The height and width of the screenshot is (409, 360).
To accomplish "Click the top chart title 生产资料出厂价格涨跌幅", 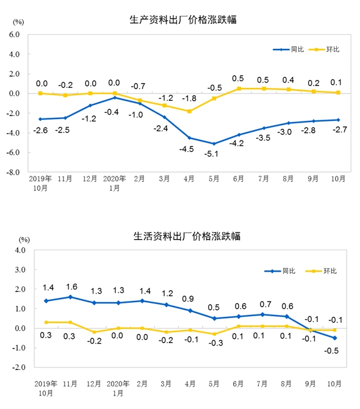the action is tap(183, 20).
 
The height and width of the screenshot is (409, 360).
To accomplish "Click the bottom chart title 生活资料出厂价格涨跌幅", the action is tap(187, 236).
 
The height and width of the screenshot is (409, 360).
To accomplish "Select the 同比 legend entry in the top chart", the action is tap(289, 49).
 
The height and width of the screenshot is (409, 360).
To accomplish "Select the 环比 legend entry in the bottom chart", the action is tap(321, 271).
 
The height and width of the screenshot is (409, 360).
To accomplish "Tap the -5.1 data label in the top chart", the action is tap(211, 154).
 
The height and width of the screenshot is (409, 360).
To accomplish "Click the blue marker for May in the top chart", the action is tap(214, 143).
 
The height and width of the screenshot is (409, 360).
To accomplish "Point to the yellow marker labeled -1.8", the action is tap(189, 111).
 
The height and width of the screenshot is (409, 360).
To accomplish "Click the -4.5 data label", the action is tap(186, 149).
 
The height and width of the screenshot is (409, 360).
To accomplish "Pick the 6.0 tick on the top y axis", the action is tap(14, 34).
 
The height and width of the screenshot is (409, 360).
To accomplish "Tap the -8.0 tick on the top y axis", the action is tap(13, 172).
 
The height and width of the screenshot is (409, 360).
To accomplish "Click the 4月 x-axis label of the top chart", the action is tap(189, 179).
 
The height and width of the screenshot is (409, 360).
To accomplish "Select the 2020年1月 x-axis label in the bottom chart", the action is tap(118, 388).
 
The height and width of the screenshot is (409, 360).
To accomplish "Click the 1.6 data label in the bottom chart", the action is tap(71, 287).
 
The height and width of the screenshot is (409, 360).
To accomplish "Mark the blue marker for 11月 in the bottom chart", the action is tap(70, 297).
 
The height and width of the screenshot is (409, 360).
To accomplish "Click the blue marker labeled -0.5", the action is tap(335, 338).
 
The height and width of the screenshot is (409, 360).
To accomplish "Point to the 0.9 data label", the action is tap(188, 299).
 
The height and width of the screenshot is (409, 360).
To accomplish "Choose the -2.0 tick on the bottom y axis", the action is tap(19, 367).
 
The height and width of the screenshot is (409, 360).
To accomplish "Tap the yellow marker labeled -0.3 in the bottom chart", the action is tap(215, 334).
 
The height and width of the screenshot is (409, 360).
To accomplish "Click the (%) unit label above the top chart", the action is tap(18, 22).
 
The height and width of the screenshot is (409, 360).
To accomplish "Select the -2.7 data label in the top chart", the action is tap(340, 129).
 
